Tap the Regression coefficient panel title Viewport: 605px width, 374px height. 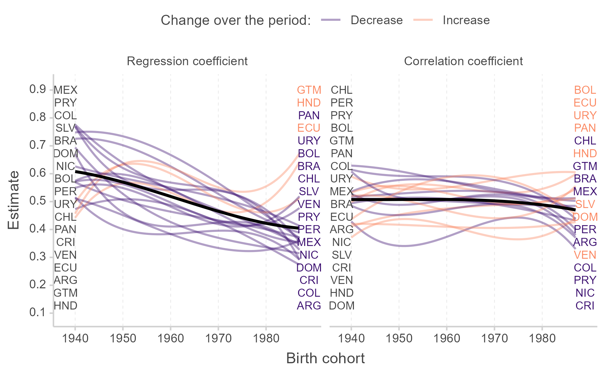(x=187, y=61)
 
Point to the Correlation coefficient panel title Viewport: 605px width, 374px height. (x=463, y=61)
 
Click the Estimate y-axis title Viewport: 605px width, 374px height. (x=13, y=200)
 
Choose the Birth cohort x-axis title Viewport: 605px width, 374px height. (x=325, y=358)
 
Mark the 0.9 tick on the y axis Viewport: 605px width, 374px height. (x=38, y=89)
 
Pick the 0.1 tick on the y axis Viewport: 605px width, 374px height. (x=38, y=313)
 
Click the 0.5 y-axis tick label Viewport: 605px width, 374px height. (x=38, y=201)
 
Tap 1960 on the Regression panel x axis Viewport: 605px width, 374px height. (x=170, y=338)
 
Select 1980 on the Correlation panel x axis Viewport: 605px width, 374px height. (x=542, y=338)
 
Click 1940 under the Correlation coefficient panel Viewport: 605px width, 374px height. (x=351, y=338)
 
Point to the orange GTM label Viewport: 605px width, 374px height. (x=309, y=90)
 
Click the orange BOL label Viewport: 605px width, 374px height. (x=585, y=90)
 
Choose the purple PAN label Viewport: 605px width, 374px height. (x=309, y=116)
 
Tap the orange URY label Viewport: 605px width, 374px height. (x=585, y=116)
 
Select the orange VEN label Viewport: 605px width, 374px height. (x=585, y=255)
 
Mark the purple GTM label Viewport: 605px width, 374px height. (x=585, y=166)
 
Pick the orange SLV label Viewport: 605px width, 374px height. (x=585, y=204)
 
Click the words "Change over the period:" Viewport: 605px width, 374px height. (x=235, y=20)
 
